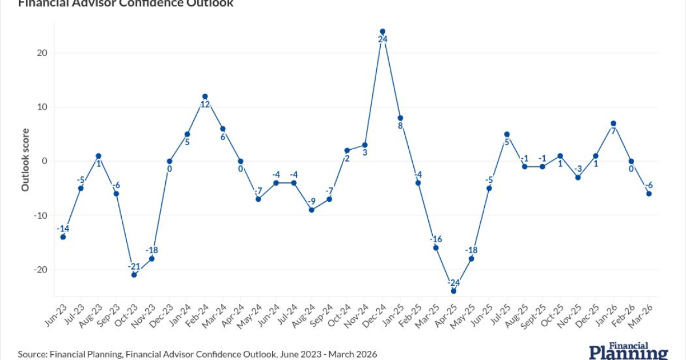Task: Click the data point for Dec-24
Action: pos(382,31)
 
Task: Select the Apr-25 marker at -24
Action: pos(453,291)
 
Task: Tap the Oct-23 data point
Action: pos(134,275)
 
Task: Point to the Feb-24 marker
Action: pos(205,97)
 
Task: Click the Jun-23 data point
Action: pos(63,237)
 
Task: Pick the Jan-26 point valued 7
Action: pos(613,123)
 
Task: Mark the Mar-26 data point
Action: pos(649,194)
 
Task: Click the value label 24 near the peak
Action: pos(382,39)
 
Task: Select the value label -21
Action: pos(134,266)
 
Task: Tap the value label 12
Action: pos(205,105)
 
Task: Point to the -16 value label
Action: pos(436,239)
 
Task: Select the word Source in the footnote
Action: pos(31,354)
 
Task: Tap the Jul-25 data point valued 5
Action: pos(506,134)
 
